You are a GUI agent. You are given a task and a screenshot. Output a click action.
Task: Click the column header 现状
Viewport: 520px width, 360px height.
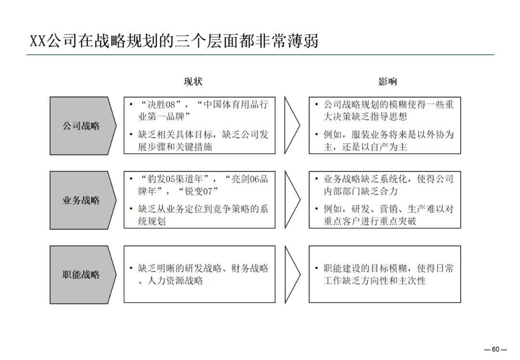pos(193,82)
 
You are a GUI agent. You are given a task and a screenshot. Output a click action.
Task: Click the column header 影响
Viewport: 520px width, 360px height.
pos(388,82)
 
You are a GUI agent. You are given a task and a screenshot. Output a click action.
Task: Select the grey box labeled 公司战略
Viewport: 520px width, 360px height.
pos(81,126)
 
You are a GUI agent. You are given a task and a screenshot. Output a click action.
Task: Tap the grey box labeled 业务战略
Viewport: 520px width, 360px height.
pos(81,200)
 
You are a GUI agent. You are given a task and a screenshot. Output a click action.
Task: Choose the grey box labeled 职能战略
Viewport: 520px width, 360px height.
pos(81,275)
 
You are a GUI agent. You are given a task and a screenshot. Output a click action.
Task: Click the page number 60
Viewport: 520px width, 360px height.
pos(495,349)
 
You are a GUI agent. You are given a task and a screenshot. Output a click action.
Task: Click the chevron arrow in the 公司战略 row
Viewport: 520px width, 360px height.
pos(292,126)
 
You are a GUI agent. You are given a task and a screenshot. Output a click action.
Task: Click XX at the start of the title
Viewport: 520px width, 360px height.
pos(38,41)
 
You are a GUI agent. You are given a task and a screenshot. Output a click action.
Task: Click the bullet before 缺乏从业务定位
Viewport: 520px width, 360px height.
pos(130,209)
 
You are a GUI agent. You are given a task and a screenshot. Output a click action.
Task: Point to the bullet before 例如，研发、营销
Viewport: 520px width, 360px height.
pos(316,209)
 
